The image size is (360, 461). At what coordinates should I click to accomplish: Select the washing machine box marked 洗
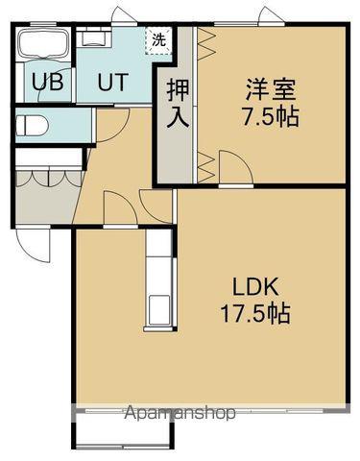(x=158, y=41)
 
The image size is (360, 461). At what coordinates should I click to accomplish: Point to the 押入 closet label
(x=178, y=105)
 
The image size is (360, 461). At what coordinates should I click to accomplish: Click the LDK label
(x=253, y=288)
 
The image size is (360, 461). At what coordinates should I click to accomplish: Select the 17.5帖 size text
(x=253, y=313)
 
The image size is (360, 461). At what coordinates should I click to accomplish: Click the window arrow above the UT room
(x=118, y=14)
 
